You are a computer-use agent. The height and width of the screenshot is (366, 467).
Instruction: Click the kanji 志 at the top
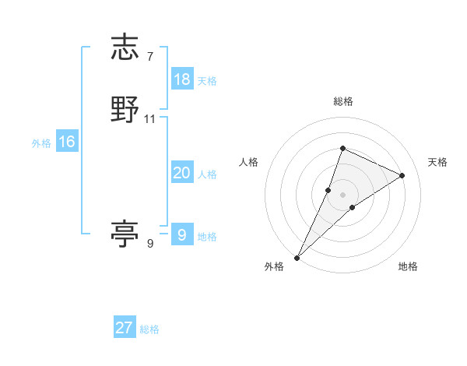click(125, 47)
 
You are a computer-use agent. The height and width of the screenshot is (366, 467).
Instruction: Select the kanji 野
click(125, 110)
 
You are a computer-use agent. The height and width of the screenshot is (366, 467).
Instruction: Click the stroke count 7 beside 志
click(149, 56)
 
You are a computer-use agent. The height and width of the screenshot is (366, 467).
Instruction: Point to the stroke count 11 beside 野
click(150, 119)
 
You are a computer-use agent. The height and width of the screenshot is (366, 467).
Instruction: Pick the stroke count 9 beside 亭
click(149, 244)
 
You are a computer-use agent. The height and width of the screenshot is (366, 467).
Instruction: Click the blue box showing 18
click(182, 79)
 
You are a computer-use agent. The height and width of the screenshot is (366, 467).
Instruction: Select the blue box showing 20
click(182, 173)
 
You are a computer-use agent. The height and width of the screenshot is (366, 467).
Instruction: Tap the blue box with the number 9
click(182, 234)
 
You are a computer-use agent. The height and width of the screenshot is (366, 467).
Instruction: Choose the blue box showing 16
click(67, 142)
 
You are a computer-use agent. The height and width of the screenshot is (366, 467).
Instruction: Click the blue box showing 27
click(125, 328)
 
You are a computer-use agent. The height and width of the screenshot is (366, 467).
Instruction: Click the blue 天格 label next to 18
click(207, 80)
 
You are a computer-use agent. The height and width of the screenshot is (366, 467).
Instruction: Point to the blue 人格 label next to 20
click(207, 174)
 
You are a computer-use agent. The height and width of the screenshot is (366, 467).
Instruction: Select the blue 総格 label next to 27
click(149, 329)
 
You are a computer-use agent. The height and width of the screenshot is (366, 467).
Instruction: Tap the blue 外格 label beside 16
click(41, 143)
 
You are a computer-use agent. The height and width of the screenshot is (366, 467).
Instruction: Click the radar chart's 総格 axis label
click(342, 101)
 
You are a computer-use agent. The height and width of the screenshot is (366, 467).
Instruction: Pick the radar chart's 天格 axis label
click(437, 162)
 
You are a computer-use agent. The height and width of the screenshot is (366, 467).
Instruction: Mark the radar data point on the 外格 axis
click(297, 257)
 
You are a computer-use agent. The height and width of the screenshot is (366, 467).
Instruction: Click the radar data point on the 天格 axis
click(402, 175)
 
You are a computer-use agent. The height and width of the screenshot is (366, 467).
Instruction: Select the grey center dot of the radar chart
click(342, 194)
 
